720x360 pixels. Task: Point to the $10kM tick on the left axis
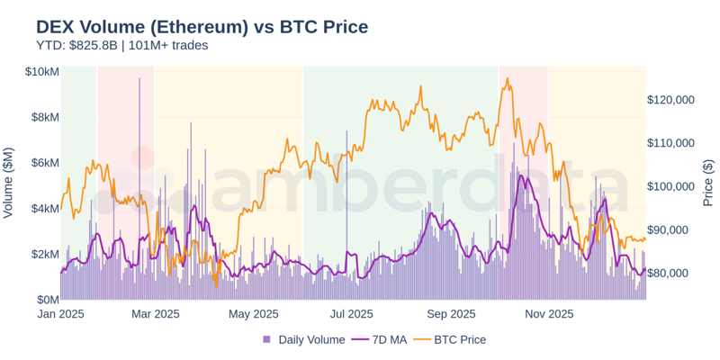[42, 71]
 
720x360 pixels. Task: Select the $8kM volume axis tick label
[45, 117]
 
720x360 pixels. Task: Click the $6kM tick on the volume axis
[45, 163]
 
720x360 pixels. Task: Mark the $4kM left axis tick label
[45, 208]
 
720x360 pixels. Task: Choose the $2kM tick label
[45, 254]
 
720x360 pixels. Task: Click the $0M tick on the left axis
[47, 299]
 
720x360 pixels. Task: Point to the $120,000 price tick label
[670, 100]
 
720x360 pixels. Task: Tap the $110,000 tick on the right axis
[670, 143]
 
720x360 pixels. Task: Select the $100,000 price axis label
[670, 186]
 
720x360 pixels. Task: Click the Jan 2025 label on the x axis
[61, 314]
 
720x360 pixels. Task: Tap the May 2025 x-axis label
[253, 314]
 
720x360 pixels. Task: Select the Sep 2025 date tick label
[450, 314]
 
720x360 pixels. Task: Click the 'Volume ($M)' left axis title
[9, 183]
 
